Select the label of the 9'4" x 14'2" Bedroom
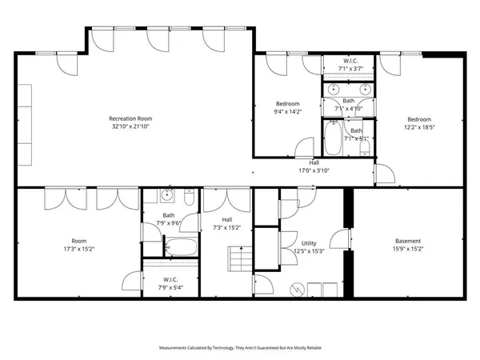point(288,103)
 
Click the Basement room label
point(409,241)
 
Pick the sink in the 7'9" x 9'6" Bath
point(166,195)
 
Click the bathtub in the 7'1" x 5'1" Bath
point(334,137)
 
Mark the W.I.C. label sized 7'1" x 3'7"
point(350,61)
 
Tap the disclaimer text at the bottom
point(240,349)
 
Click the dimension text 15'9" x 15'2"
point(409,249)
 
